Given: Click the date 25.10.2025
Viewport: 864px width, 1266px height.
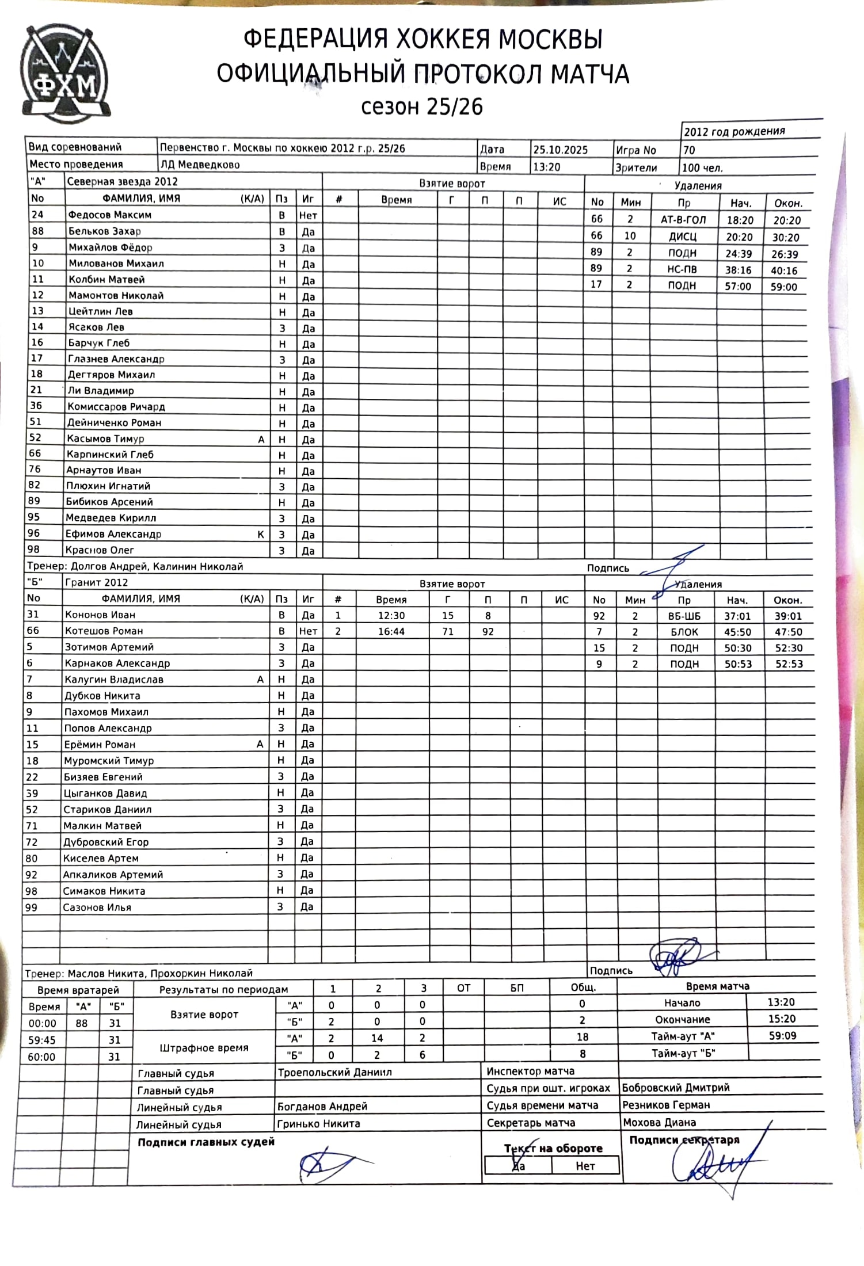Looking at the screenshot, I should coord(560,150).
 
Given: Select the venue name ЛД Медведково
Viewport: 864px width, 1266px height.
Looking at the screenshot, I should coord(200,165).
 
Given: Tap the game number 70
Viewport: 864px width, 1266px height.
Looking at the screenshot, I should coord(688,150).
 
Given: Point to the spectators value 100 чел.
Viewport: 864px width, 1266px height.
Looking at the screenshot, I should coord(702,168).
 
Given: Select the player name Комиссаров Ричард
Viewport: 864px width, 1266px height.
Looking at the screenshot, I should coord(116,406).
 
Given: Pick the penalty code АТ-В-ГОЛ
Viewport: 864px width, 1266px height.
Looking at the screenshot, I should coord(683,220).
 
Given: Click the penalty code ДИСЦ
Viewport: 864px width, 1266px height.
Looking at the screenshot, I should coord(682,237).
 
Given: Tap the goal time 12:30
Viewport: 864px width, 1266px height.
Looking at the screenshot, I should coord(391,615).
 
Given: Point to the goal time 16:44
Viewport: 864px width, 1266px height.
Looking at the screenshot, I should coord(391,631).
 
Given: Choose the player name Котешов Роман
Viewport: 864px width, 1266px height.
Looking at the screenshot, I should coord(104,631).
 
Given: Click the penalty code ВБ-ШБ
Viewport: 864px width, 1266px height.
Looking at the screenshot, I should coord(684,616).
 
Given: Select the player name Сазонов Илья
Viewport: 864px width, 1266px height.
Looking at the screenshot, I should coord(97,907).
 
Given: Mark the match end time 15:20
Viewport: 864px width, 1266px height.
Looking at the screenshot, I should coord(781,1019).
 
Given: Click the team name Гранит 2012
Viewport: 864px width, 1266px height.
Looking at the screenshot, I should coord(96,582).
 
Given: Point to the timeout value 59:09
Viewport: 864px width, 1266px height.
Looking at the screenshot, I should coord(782,1035).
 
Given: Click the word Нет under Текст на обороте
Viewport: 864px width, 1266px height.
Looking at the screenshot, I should coord(585,1166).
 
